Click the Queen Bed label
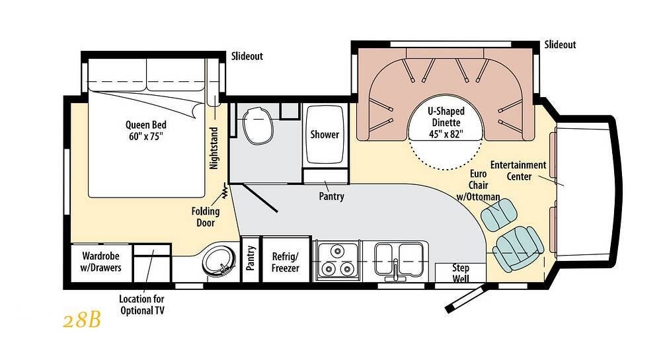[x=146, y=131]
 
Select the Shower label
[x=325, y=134]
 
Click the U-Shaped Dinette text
[x=446, y=122]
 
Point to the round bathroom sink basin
[x=219, y=261]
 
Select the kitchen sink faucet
[x=395, y=270]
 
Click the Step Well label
[x=460, y=273]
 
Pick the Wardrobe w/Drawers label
[x=100, y=262]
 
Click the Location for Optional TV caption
[x=141, y=305]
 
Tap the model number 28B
[x=82, y=321]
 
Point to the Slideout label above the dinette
[x=560, y=45]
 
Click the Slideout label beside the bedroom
[x=247, y=56]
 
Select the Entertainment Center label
[x=518, y=170]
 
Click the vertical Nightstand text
[x=214, y=148]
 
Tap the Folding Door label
[x=206, y=217]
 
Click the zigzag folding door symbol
[x=225, y=191]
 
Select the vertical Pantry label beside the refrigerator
[x=251, y=258]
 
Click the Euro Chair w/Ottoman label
[x=479, y=185]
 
